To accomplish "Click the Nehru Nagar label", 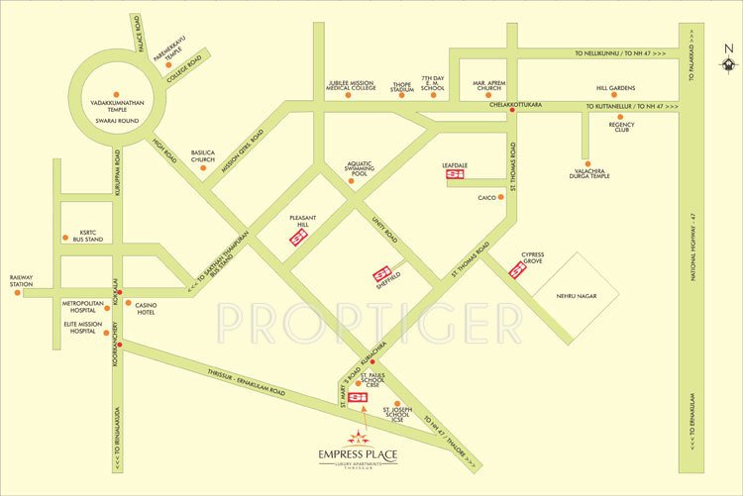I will coord(578,294).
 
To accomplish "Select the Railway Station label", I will coord(22,282).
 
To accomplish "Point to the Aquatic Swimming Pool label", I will coord(363,169).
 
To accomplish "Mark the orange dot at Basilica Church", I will coord(203,167).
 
